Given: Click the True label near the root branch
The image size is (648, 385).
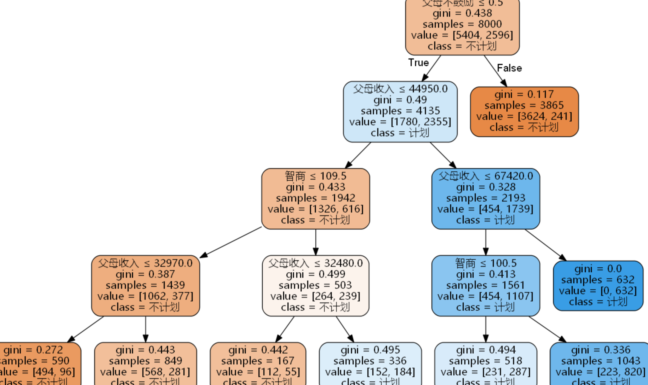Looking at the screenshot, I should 418,63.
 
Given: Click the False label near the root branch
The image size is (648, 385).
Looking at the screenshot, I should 509,68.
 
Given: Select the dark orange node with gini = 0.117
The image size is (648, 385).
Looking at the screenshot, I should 524,111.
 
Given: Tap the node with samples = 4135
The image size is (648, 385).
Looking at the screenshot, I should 400,111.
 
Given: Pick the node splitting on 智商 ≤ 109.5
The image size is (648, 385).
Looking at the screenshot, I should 315,199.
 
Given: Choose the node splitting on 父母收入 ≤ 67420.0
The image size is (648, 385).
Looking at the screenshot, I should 485,199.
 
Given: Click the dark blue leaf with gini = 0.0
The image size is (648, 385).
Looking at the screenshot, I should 598,285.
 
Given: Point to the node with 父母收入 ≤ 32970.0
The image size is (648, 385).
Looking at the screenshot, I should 145,285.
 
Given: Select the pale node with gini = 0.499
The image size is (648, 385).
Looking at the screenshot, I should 315,285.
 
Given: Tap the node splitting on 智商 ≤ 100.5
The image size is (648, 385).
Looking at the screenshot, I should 485,285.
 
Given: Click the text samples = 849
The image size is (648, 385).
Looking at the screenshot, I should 145,361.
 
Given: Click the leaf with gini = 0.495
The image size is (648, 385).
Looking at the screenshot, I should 370,363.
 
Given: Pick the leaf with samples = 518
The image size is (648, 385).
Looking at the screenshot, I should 485,363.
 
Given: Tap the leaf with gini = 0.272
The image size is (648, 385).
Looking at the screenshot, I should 38,363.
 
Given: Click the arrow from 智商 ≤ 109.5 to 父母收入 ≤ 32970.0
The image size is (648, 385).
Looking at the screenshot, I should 231,242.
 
